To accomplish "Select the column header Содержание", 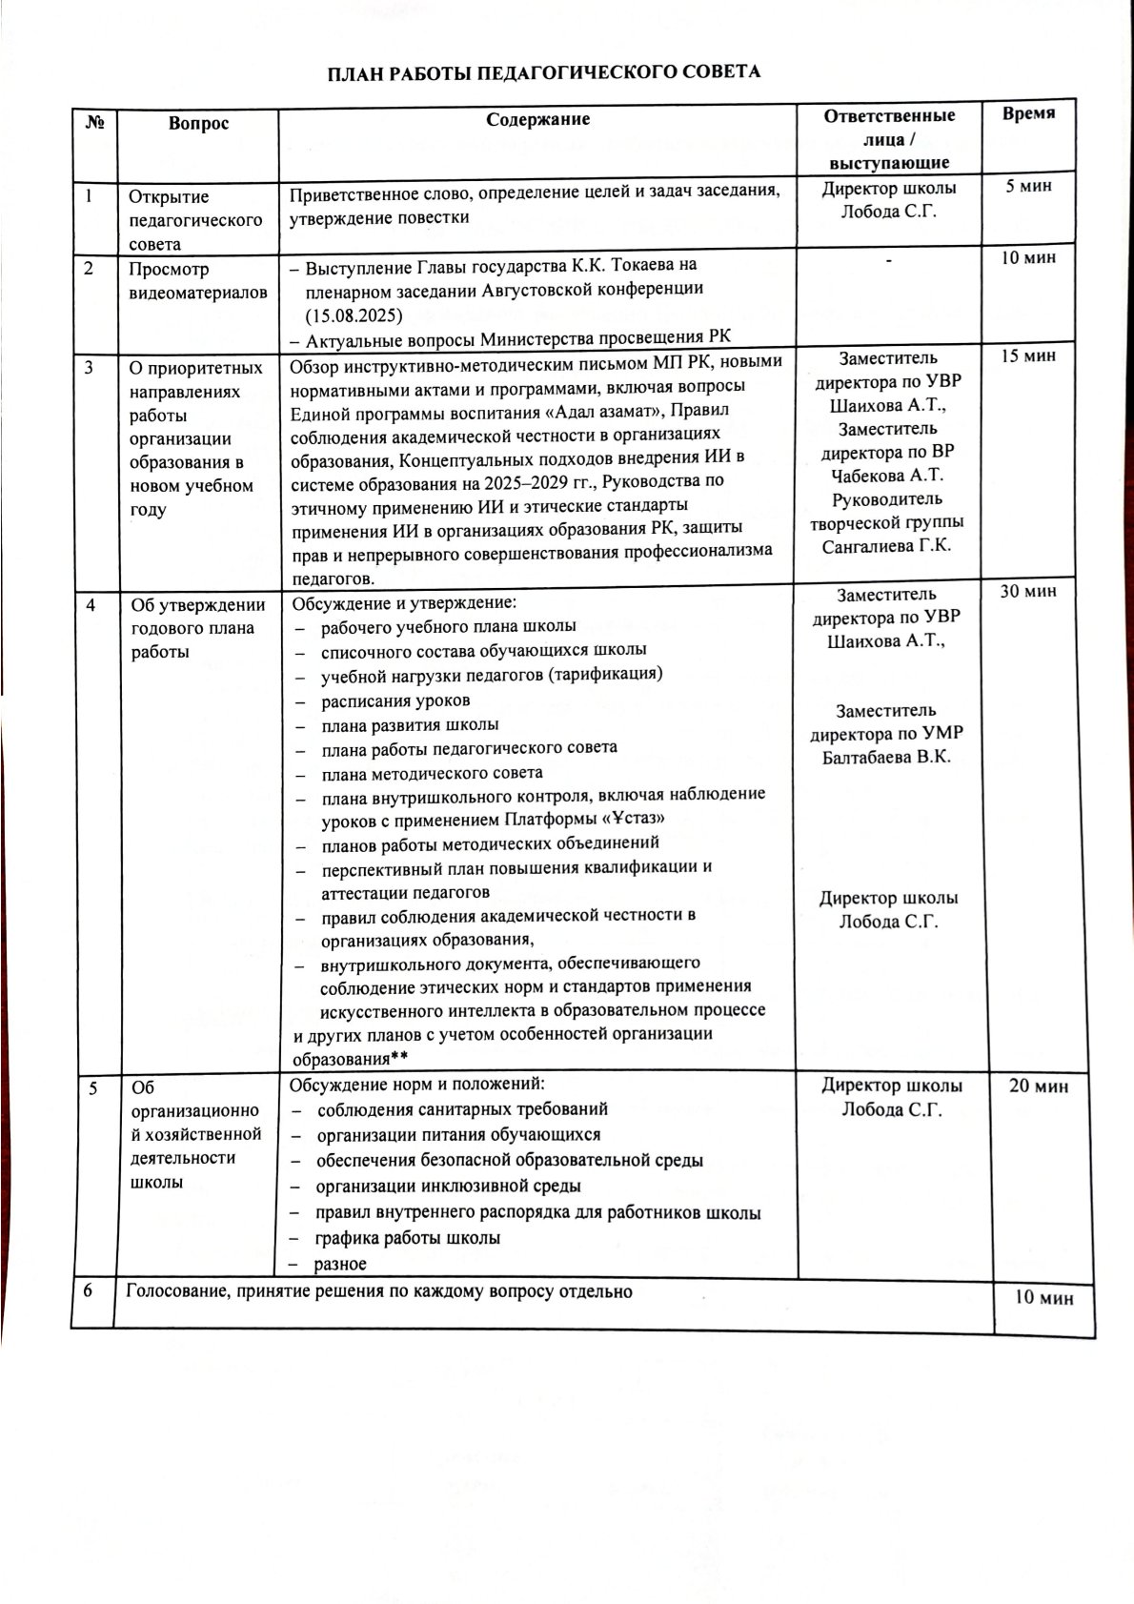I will pyautogui.click(x=537, y=119).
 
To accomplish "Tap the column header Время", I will pyautogui.click(x=1028, y=113).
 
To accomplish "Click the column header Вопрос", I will pyautogui.click(x=198, y=123).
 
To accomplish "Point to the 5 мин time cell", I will pyautogui.click(x=1028, y=186).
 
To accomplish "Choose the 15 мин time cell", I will pyautogui.click(x=1028, y=355).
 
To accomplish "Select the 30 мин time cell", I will pyautogui.click(x=1028, y=591).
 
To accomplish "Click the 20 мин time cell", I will pyautogui.click(x=1038, y=1086).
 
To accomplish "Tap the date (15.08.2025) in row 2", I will pyautogui.click(x=354, y=315).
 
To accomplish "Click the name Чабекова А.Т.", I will pyautogui.click(x=887, y=476).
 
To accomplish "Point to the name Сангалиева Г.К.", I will pyautogui.click(x=886, y=546).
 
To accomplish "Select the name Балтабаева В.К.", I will pyautogui.click(x=886, y=758).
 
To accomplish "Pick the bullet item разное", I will pyautogui.click(x=340, y=1264).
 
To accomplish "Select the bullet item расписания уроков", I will pyautogui.click(x=395, y=700).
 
